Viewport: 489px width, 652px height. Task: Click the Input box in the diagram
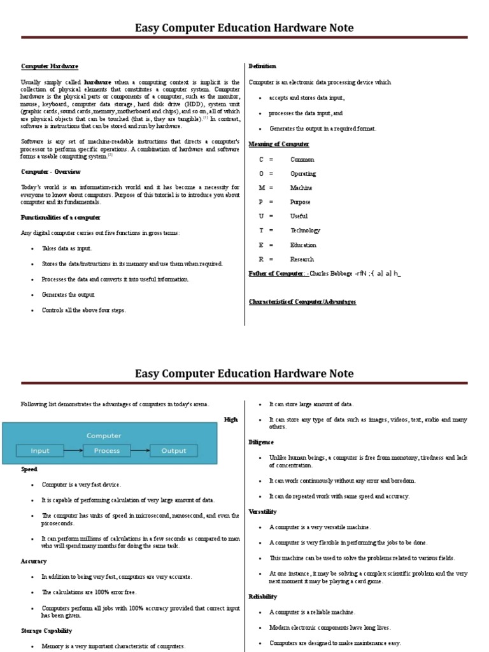click(x=40, y=451)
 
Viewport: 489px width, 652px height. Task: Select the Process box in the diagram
click(x=106, y=451)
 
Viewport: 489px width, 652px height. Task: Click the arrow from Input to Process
click(x=73, y=451)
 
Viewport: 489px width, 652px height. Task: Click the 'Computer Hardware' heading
click(x=50, y=66)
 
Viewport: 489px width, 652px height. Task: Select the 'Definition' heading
click(x=262, y=66)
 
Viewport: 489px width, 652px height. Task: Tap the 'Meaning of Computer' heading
click(x=278, y=144)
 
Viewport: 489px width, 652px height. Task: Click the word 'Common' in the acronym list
click(x=302, y=159)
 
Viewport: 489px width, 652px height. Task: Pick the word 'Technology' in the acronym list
click(x=306, y=230)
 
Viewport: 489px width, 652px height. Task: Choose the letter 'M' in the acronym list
click(x=261, y=188)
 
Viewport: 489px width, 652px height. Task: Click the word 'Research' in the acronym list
click(x=302, y=259)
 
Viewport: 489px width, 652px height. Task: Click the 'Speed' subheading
click(x=29, y=469)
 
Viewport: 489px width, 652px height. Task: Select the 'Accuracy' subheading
click(x=34, y=561)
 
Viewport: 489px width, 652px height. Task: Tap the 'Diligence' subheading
click(x=261, y=442)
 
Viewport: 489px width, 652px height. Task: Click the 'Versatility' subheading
click(x=263, y=511)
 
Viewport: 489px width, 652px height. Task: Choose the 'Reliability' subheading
click(x=263, y=597)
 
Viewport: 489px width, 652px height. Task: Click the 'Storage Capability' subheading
click(x=46, y=630)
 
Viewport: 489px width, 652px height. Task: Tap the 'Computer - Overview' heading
click(x=51, y=172)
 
